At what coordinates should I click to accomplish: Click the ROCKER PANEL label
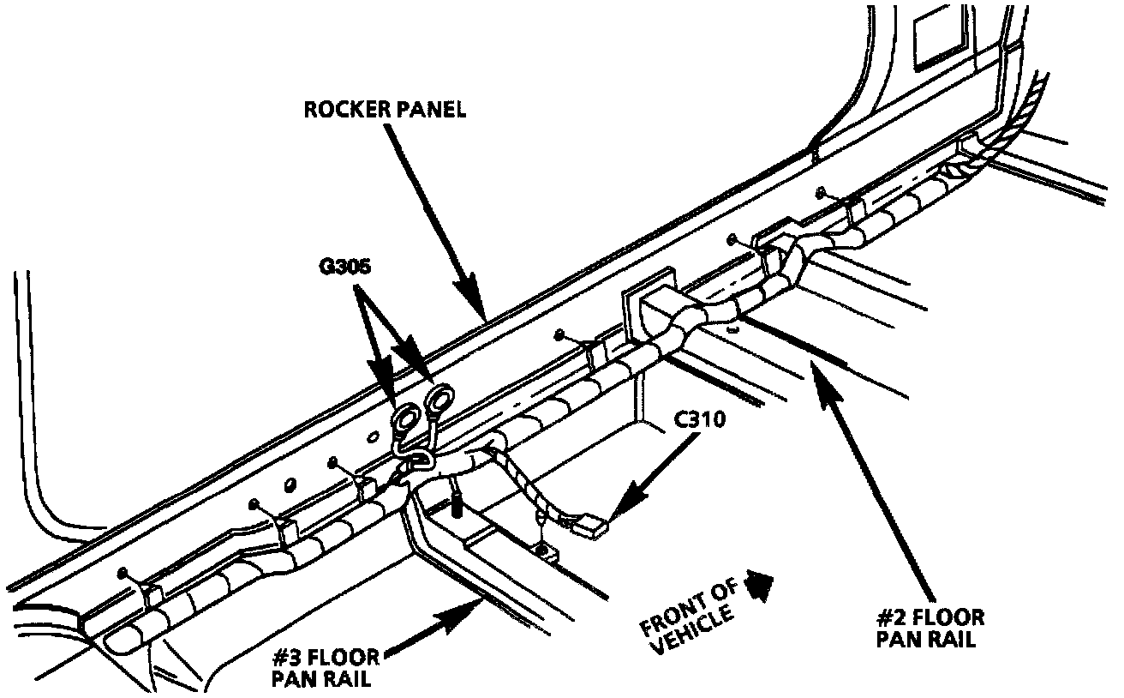click(x=386, y=111)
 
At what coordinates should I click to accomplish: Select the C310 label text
click(x=699, y=420)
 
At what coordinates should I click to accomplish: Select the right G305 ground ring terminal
click(x=441, y=399)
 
